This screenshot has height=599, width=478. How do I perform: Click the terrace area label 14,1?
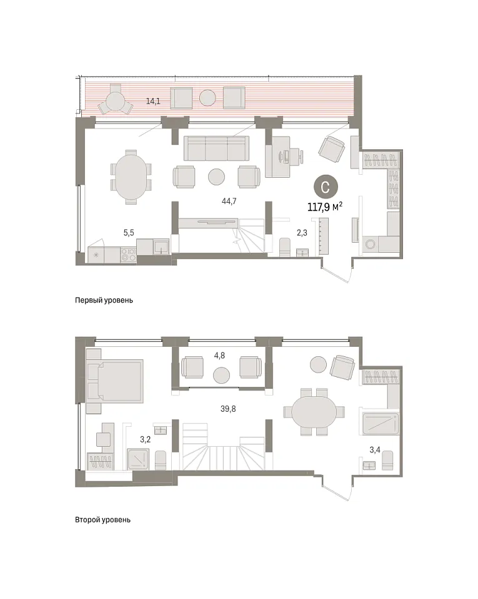click(153, 101)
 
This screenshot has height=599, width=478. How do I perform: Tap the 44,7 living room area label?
click(229, 201)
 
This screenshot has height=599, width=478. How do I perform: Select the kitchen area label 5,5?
click(129, 233)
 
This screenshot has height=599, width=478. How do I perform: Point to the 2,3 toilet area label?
click(302, 232)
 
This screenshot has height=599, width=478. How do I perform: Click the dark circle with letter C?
click(326, 187)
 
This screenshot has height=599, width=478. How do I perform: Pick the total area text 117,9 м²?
click(325, 207)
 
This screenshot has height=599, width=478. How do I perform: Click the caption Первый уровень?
click(104, 300)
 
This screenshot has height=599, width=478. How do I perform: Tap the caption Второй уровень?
click(103, 520)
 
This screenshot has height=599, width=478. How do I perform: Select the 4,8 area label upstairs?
click(219, 356)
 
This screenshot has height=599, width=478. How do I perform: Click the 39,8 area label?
click(228, 409)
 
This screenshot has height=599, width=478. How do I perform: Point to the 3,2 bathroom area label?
click(146, 440)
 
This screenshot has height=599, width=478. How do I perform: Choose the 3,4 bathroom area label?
click(375, 450)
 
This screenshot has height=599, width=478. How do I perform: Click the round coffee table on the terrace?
click(208, 98)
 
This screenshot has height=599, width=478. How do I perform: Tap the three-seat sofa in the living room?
click(216, 149)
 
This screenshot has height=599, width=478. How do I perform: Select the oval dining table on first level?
click(131, 177)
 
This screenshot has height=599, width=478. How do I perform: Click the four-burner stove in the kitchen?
click(129, 255)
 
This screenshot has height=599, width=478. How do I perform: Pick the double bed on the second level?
click(115, 381)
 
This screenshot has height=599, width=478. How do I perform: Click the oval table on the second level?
click(314, 412)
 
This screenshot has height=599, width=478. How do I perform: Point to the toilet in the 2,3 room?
click(285, 247)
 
